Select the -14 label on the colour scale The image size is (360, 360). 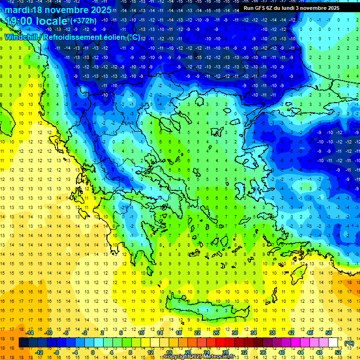click(30, 333)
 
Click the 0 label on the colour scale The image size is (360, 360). click(93, 352)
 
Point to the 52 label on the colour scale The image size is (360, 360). click(337, 352)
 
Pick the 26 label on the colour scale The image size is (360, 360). click(216, 333)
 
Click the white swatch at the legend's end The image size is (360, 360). click(333, 343)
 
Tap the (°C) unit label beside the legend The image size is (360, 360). click(349, 343)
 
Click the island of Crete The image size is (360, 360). click(206, 310)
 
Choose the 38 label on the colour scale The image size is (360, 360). click(272, 333)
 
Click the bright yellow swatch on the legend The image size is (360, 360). click(155, 343)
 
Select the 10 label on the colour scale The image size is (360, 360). click(141, 333)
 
